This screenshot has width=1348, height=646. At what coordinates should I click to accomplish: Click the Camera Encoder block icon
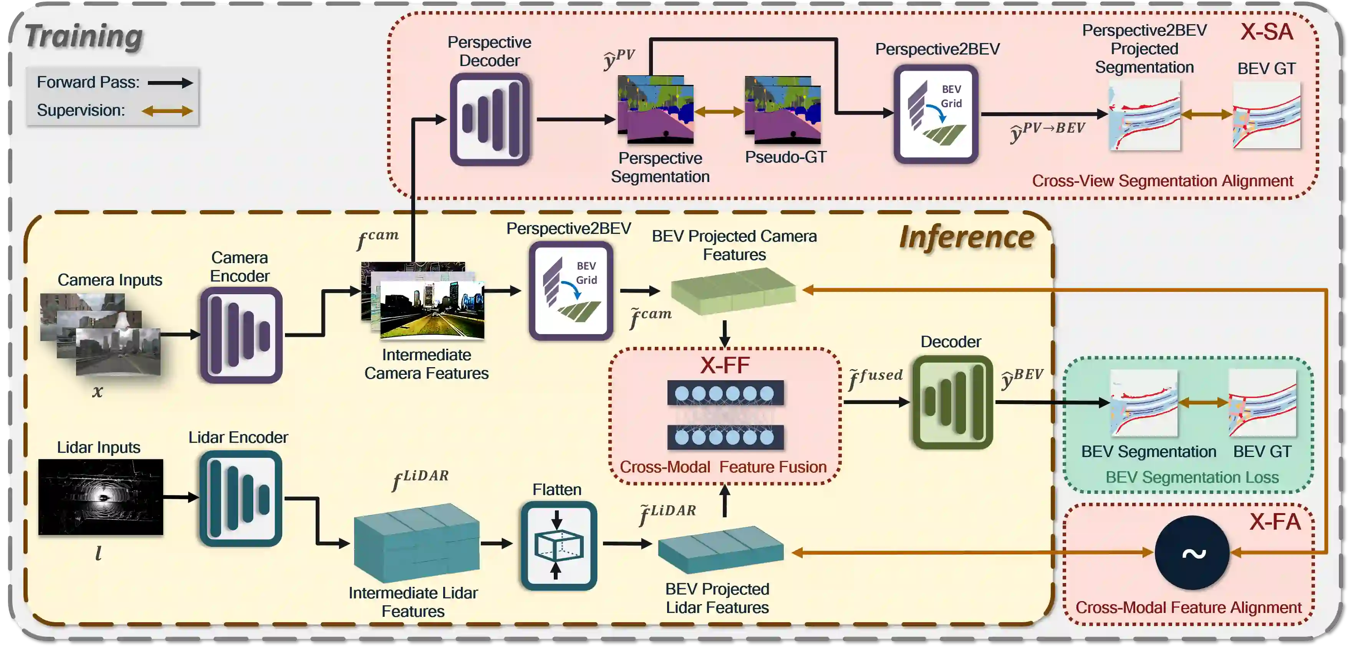click(241, 335)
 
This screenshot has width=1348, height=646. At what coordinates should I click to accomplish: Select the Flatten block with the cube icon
click(558, 545)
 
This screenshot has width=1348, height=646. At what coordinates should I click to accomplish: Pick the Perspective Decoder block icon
click(490, 119)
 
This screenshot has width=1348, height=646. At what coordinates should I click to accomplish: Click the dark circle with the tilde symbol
click(1192, 552)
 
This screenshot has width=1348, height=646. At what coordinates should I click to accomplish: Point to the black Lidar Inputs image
click(101, 497)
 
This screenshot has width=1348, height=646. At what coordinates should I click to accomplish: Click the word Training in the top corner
click(84, 36)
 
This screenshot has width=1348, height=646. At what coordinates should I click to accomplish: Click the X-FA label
click(1275, 522)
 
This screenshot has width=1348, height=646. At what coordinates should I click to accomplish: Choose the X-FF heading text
click(725, 365)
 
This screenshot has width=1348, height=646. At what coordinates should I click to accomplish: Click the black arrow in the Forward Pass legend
click(170, 83)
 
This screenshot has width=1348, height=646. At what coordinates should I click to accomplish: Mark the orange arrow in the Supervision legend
click(167, 111)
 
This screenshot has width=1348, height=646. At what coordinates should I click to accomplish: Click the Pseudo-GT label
click(785, 157)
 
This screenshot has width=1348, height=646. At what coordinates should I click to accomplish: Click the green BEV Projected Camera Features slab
click(733, 290)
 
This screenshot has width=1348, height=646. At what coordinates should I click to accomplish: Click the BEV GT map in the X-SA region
click(1266, 115)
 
